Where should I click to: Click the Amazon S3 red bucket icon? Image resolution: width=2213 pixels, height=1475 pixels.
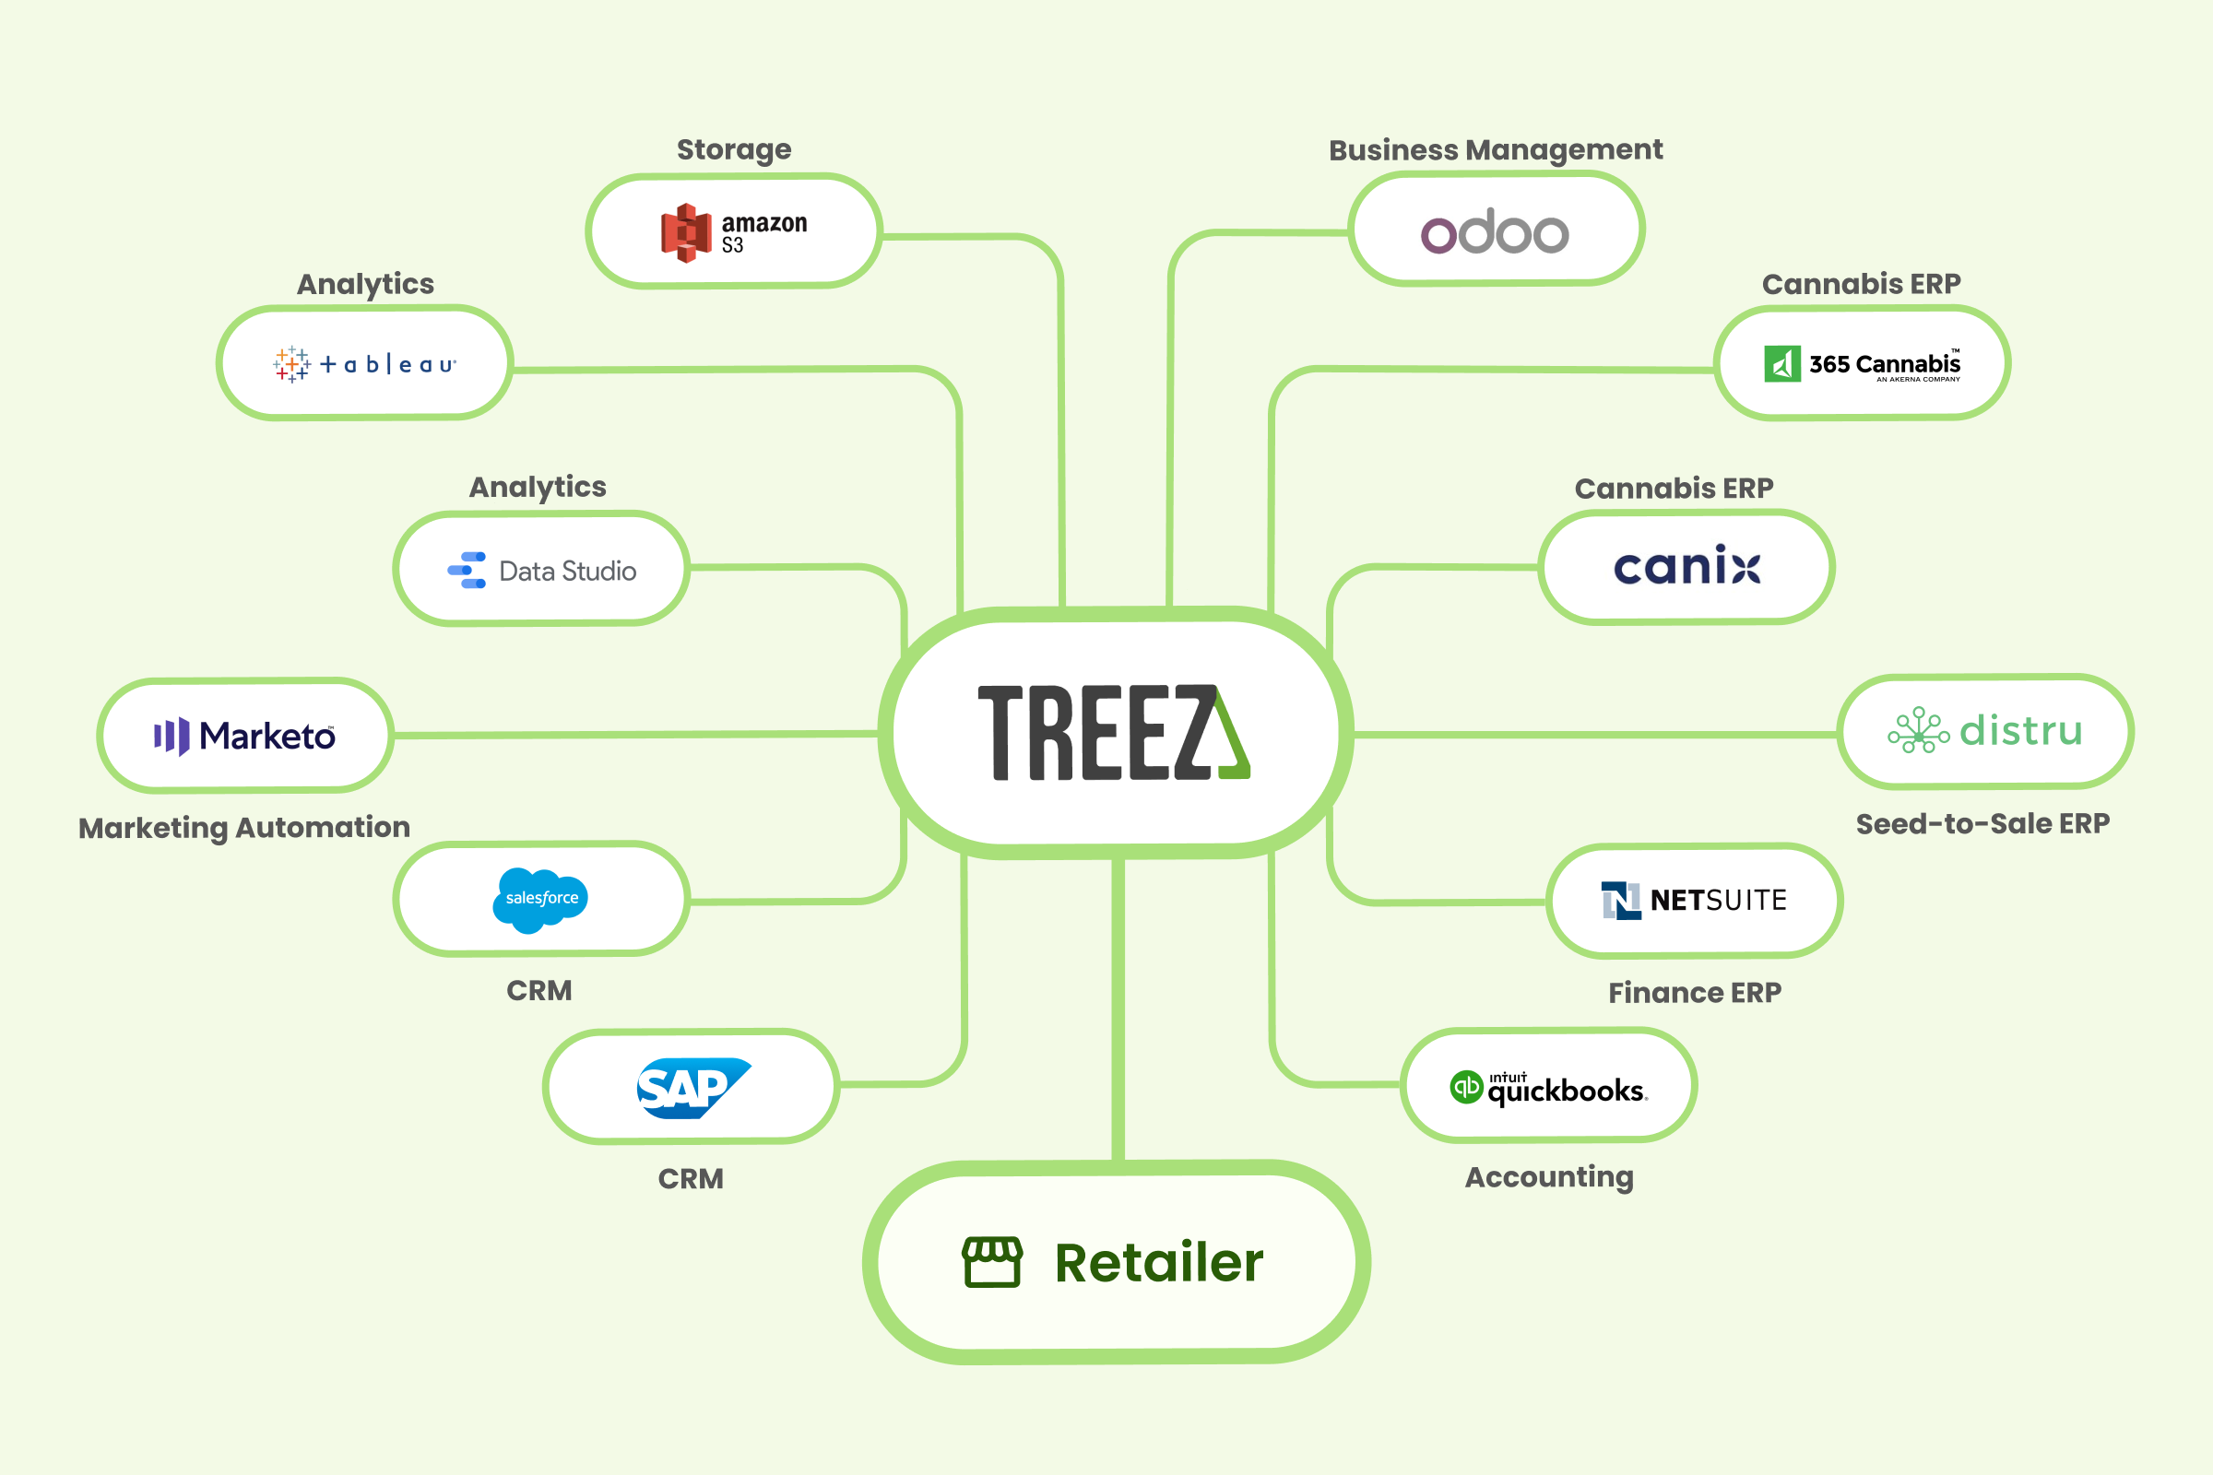[686, 232]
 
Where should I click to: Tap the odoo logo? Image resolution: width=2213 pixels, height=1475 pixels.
[1494, 231]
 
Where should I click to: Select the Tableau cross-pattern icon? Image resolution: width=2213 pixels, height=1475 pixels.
[291, 364]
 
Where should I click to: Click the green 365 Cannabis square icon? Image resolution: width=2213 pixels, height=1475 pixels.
[1782, 364]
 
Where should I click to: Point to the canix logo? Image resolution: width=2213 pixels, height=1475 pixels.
[1687, 566]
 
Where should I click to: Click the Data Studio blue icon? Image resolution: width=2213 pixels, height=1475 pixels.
[467, 570]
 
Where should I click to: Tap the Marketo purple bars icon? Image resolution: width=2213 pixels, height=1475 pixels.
[172, 737]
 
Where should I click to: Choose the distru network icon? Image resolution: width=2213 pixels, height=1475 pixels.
[1919, 731]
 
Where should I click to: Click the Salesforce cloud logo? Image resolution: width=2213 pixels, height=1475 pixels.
[540, 900]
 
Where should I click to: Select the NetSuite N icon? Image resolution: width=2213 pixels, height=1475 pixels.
[1621, 901]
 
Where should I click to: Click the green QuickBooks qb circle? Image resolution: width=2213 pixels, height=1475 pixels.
[1466, 1088]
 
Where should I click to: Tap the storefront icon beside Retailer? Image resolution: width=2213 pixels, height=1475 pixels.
[992, 1261]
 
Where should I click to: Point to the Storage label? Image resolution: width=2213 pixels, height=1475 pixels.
[734, 149]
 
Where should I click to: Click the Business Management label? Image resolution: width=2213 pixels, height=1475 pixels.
[1495, 150]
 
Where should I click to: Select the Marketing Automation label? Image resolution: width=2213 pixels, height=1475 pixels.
[244, 828]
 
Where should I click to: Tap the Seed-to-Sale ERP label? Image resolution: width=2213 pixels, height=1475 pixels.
[1982, 824]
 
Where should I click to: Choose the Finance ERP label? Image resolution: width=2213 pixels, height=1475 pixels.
[1695, 993]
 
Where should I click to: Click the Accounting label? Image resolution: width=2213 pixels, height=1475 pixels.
[1549, 1177]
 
